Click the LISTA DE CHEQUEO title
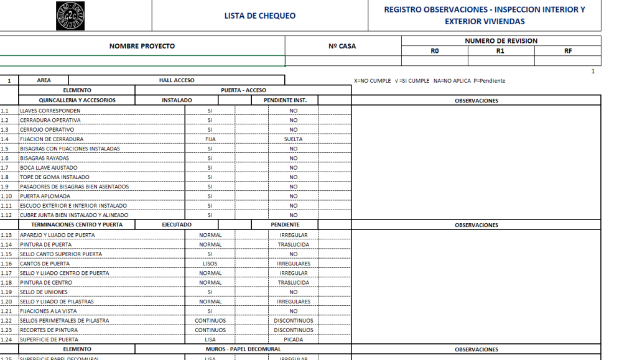pyautogui.click(x=260, y=16)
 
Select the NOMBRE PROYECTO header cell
pyautogui.click(x=142, y=46)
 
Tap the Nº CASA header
pyautogui.click(x=342, y=46)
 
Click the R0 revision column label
pyautogui.click(x=435, y=51)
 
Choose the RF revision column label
pyautogui.click(x=567, y=51)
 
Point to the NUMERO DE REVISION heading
pyautogui.click(x=501, y=41)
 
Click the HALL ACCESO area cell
pyautogui.click(x=177, y=80)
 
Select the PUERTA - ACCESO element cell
pyautogui.click(x=243, y=90)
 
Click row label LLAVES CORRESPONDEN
pyautogui.click(x=50, y=111)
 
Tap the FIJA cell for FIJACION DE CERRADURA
pyautogui.click(x=210, y=139)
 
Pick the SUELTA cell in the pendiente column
pyautogui.click(x=293, y=139)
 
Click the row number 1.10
pyautogui.click(x=6, y=196)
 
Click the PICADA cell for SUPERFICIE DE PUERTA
pyautogui.click(x=293, y=339)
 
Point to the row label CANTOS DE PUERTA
pyautogui.click(x=45, y=264)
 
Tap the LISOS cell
pyautogui.click(x=210, y=264)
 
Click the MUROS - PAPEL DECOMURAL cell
pyautogui.click(x=243, y=349)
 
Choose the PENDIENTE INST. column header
pyautogui.click(x=285, y=100)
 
